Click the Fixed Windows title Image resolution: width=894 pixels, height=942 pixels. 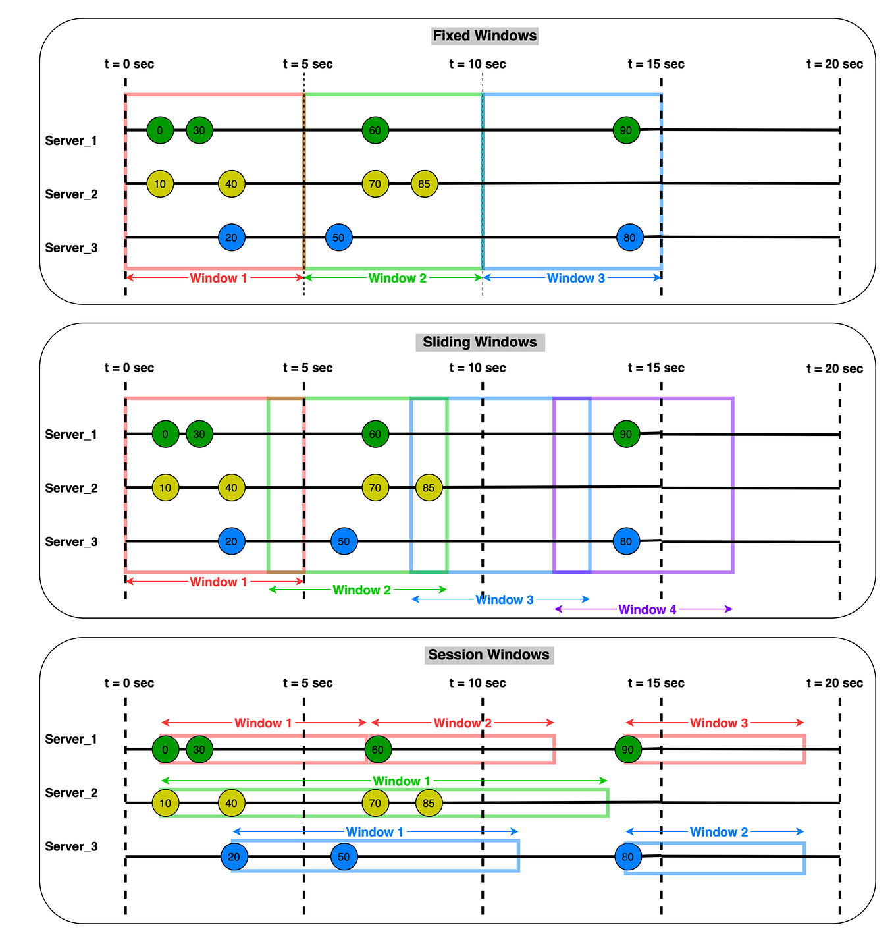485,36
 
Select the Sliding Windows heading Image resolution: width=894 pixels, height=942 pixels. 479,342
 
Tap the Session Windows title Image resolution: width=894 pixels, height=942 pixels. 488,655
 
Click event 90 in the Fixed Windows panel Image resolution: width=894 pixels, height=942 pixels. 626,130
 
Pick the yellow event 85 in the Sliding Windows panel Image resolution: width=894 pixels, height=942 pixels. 429,488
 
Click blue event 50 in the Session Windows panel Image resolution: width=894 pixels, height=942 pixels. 344,857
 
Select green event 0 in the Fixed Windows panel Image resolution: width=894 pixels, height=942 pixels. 160,130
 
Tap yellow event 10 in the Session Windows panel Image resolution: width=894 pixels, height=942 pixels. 165,803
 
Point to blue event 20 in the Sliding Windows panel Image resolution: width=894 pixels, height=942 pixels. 231,541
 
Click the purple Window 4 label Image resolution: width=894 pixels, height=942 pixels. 647,609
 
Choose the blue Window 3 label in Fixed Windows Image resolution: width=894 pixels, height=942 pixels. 575,278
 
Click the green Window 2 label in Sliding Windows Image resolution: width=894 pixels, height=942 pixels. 361,590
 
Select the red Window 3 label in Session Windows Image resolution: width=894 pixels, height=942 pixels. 718,723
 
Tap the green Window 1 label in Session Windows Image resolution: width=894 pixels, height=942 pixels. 396,781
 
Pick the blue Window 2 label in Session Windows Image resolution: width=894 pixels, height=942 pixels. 718,832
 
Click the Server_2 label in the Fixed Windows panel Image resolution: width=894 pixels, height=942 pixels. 71,194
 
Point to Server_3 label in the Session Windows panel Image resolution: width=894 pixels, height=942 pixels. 71,846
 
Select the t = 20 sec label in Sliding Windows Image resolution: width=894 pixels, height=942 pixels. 834,368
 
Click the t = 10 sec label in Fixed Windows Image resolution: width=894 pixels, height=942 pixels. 477,64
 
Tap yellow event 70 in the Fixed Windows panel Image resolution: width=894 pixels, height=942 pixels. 375,184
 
